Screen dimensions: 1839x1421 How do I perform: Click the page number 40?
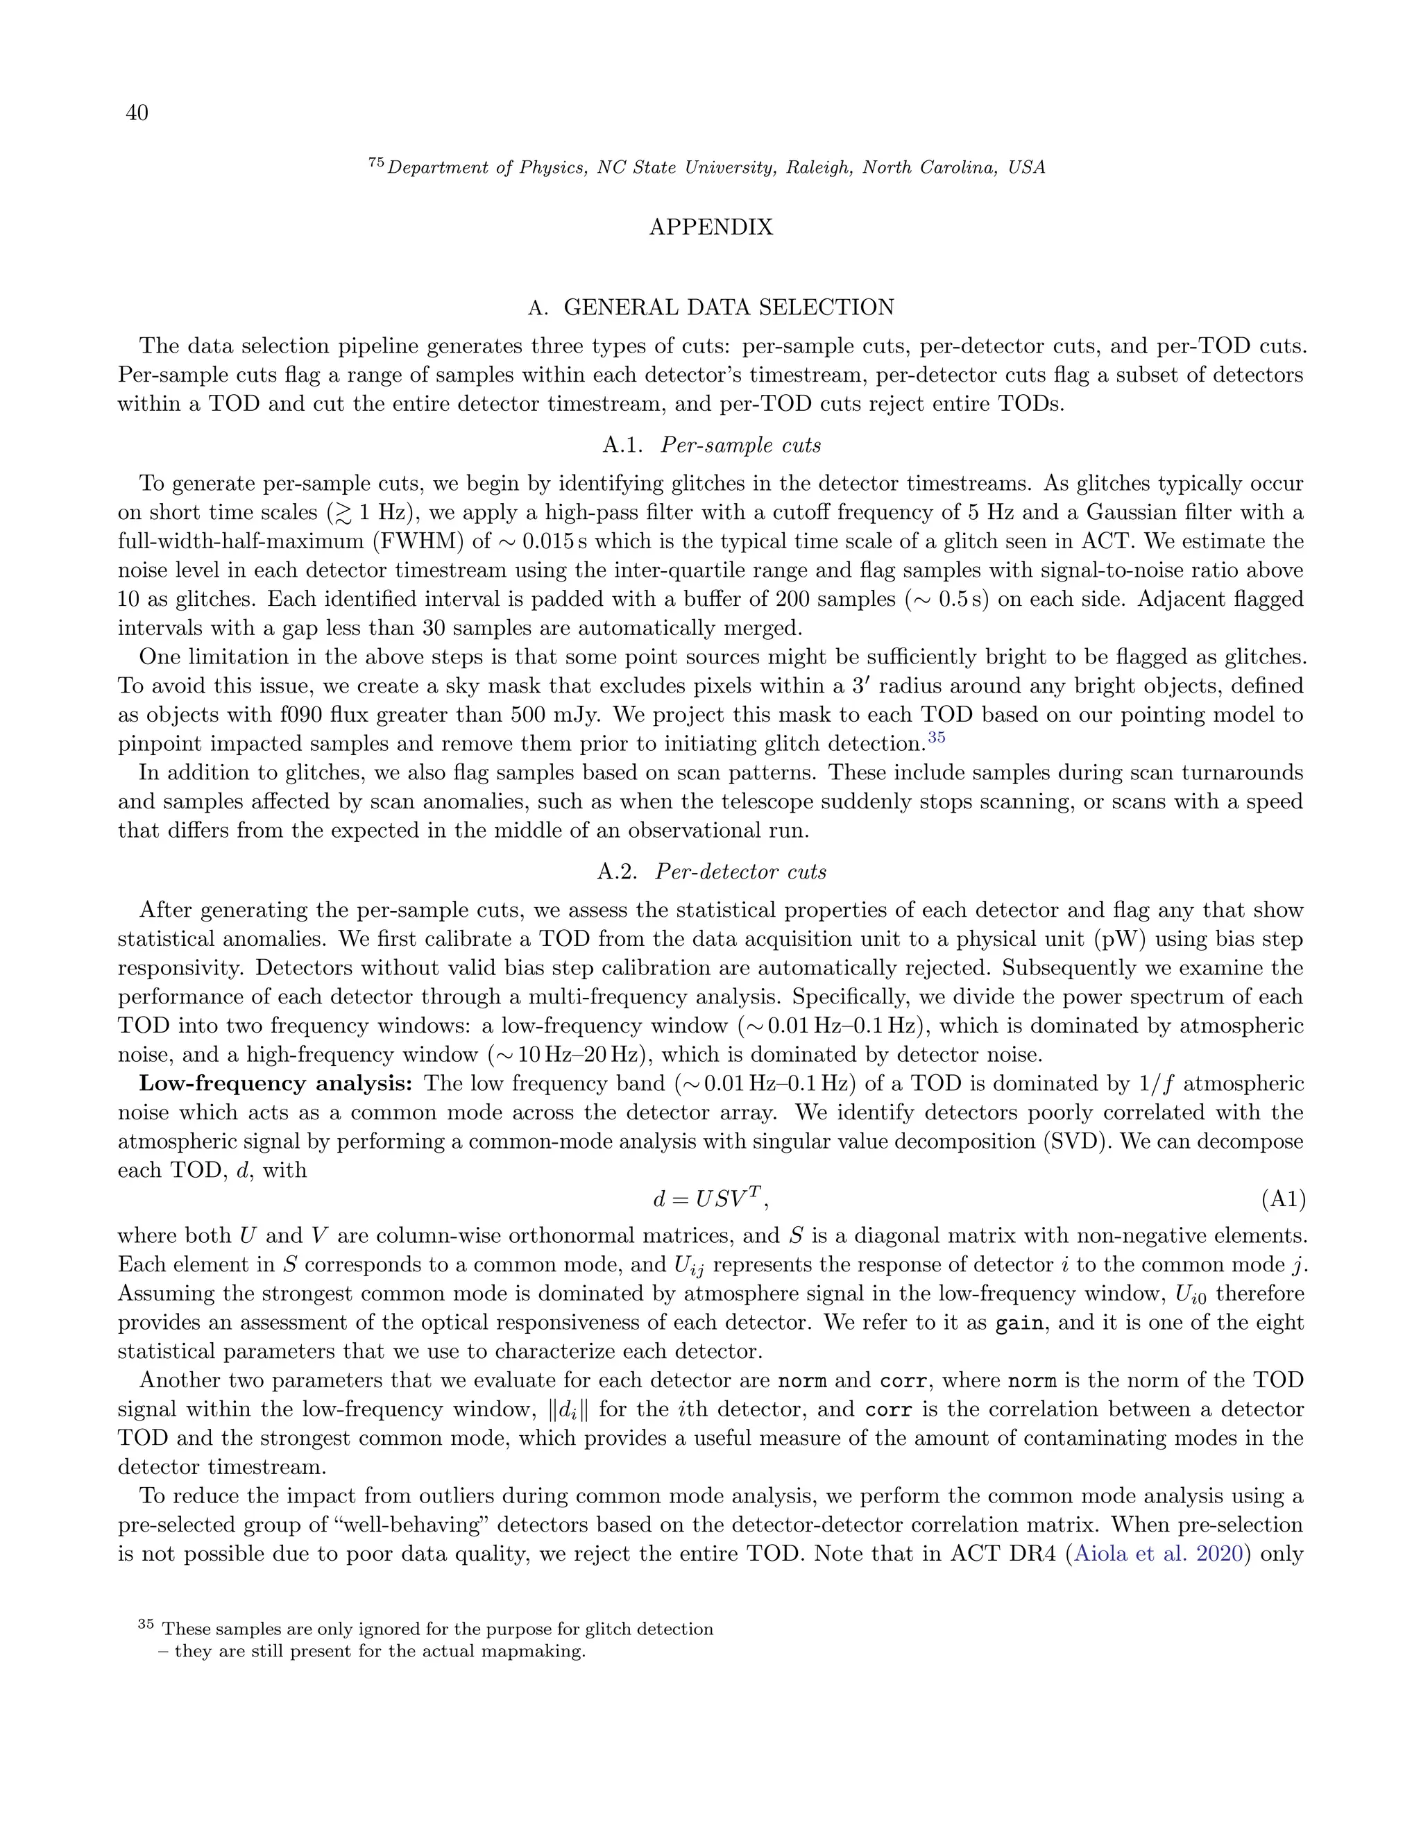point(137,113)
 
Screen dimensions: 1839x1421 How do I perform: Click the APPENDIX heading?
point(710,228)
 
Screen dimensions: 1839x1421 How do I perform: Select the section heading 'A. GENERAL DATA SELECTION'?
point(710,307)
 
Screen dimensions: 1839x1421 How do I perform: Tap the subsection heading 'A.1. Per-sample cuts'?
point(711,446)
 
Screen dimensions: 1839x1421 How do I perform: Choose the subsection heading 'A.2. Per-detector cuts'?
point(711,872)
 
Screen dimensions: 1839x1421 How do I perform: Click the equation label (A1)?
point(1283,1199)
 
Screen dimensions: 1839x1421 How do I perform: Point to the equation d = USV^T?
point(710,1198)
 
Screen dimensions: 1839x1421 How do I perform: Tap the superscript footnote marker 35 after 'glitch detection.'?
point(937,738)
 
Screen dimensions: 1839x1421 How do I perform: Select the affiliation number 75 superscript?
point(376,163)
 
